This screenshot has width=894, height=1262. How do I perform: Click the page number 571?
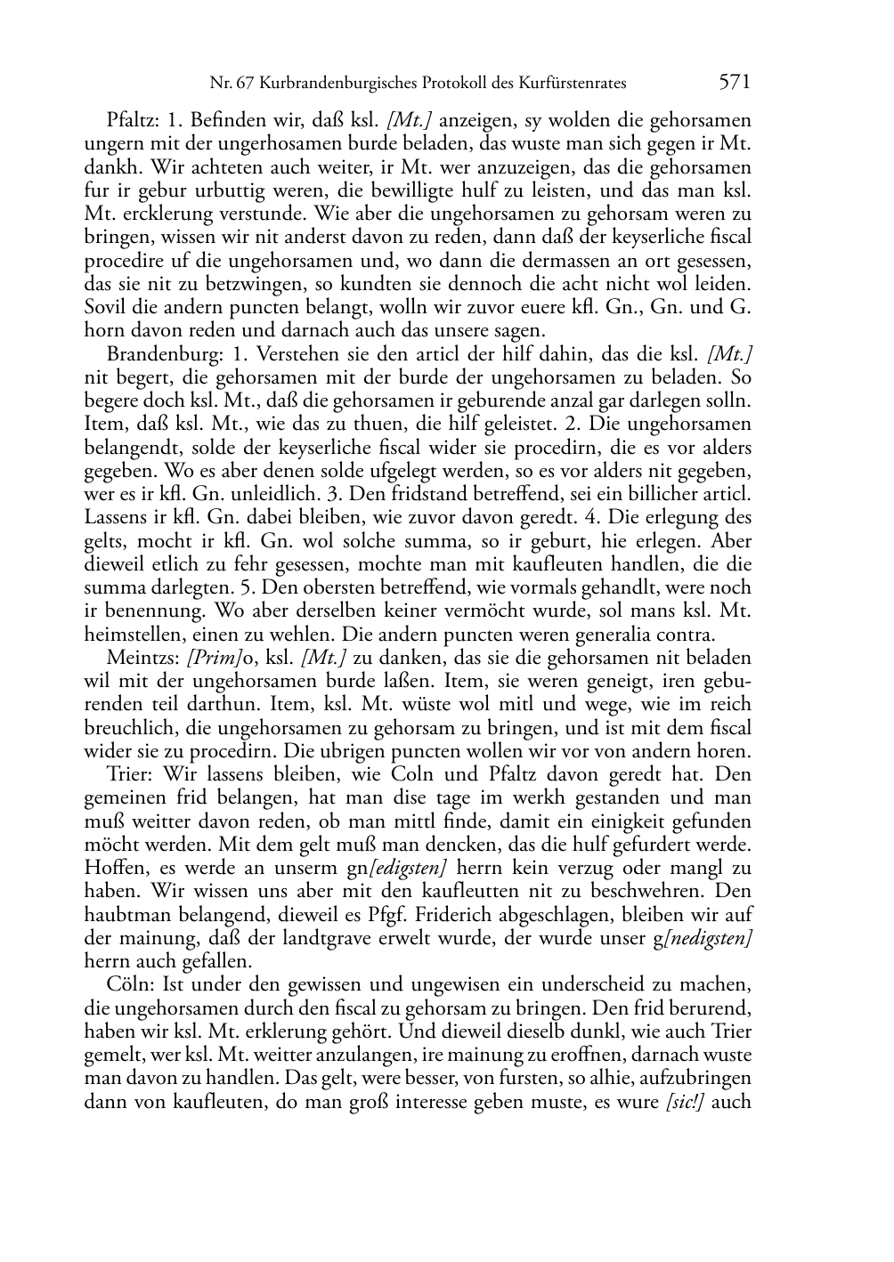[735, 83]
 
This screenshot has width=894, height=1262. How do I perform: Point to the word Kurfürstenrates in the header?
[573, 84]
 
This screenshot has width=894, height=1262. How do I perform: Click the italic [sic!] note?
[685, 1102]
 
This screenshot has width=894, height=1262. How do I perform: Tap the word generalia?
[616, 635]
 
